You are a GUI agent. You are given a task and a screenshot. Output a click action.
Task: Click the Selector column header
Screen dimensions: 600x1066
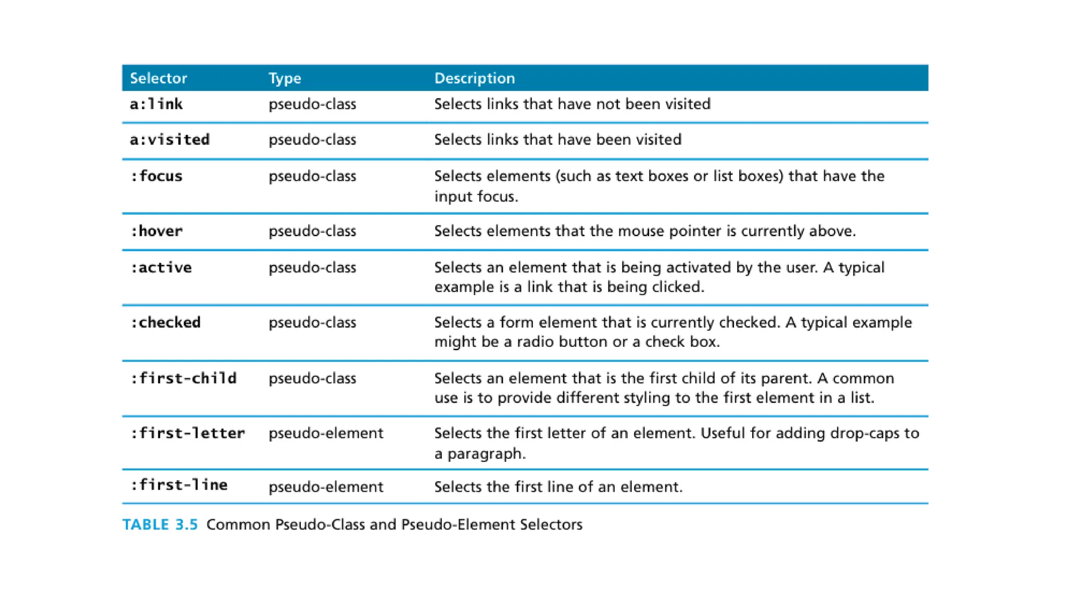tap(158, 78)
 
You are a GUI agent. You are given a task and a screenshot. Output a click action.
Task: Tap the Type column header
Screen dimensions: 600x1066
tap(285, 78)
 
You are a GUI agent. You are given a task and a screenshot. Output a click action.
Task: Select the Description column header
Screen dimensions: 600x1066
tap(474, 78)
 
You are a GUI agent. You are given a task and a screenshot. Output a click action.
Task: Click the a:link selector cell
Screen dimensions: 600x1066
tap(156, 104)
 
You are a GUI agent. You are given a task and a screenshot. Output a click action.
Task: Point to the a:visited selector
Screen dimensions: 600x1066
tap(170, 140)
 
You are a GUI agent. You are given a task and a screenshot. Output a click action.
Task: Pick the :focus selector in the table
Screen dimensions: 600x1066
tap(156, 176)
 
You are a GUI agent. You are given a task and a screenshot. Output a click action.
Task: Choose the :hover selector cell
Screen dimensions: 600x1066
tap(156, 231)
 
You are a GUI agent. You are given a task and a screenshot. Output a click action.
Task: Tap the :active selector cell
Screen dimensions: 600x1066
tap(161, 268)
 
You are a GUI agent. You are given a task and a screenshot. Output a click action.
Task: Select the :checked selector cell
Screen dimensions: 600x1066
tap(166, 322)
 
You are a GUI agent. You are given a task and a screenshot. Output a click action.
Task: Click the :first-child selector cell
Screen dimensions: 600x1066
tap(183, 378)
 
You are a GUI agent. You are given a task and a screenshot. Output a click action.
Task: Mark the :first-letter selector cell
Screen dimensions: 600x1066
tap(187, 433)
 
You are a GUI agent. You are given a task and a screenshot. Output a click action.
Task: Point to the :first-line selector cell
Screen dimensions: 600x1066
tap(179, 485)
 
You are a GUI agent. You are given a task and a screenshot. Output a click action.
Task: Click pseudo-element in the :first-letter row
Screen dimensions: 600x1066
tap(326, 433)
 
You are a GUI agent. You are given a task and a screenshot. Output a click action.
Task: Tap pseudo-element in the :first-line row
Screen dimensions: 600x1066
tap(326, 487)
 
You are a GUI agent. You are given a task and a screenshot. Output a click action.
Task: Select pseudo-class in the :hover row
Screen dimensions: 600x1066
tap(312, 231)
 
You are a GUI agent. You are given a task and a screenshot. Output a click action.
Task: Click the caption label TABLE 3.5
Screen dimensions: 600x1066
tap(160, 524)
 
